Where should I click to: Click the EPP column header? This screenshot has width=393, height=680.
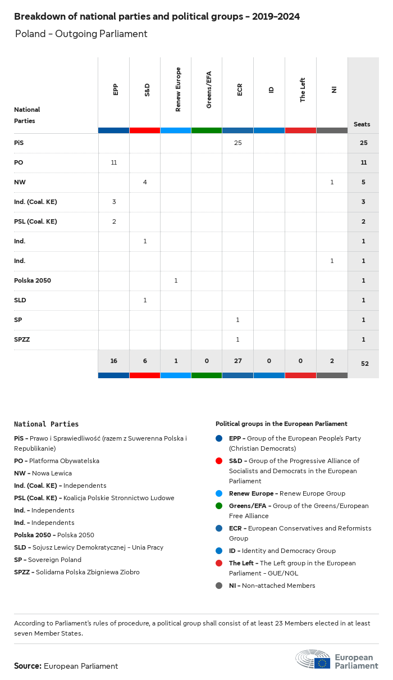[x=116, y=89]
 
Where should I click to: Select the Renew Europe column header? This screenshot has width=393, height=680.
[x=178, y=89]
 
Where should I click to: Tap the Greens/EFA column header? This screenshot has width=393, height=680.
[x=209, y=89]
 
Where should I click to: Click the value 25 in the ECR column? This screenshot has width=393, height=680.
[x=237, y=143]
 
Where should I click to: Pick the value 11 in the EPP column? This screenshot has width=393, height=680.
[x=114, y=162]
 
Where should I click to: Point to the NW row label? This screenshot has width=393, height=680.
[x=20, y=182]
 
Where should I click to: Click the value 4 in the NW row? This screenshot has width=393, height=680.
[x=145, y=182]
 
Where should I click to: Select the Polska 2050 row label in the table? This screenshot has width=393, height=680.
[x=33, y=280]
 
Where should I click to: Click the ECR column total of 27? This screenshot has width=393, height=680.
[x=237, y=361]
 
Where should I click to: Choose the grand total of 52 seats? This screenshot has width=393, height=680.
[x=364, y=364]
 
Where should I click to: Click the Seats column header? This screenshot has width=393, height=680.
[x=362, y=124]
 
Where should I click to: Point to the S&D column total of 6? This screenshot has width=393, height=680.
[x=145, y=361]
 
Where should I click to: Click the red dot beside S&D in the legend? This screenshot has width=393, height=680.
[x=219, y=461]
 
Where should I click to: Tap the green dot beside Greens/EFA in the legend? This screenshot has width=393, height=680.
[x=219, y=506]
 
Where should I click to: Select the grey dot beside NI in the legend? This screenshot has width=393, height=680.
[x=219, y=586]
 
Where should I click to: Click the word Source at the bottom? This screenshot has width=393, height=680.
[x=28, y=666]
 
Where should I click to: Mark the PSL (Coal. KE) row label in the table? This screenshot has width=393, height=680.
[x=35, y=221]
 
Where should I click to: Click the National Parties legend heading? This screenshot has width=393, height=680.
[x=46, y=424]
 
